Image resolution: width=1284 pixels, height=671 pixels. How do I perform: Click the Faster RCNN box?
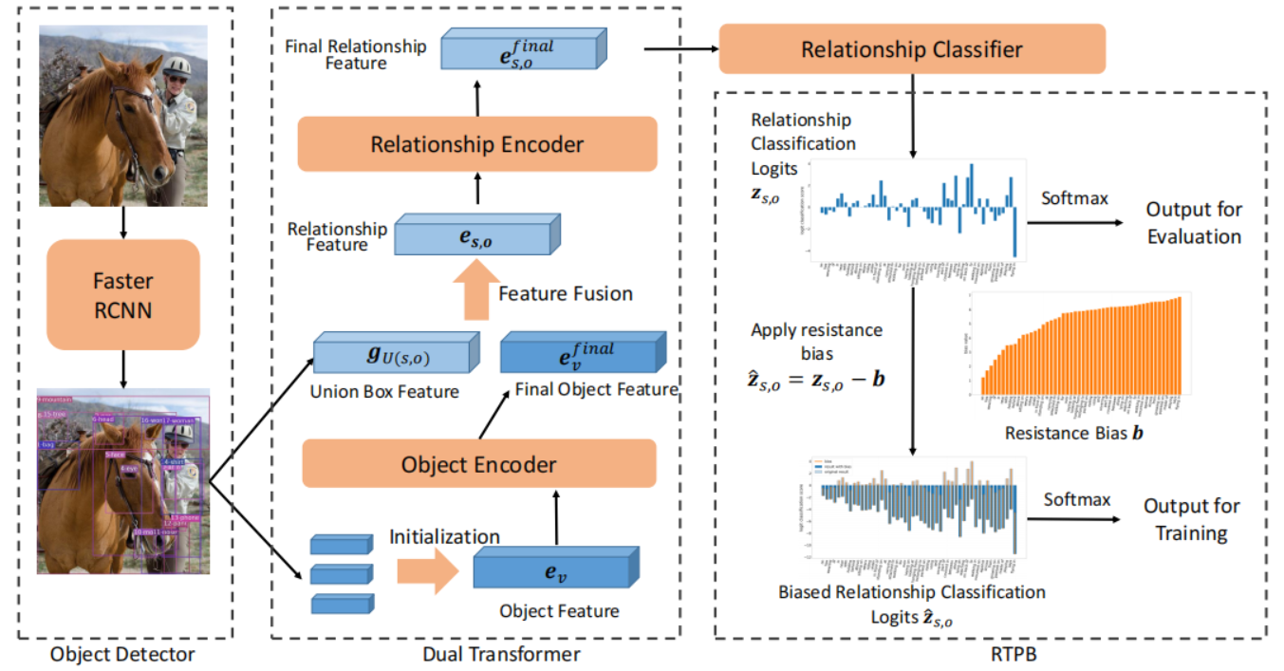pos(123,295)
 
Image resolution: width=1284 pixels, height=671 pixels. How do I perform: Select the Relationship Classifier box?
pos(911,48)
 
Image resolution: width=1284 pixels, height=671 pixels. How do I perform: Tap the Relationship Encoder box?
pos(476,144)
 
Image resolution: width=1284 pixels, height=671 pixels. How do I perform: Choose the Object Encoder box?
pos(478,464)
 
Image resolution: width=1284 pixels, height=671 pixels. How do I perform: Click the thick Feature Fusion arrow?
pos(476,292)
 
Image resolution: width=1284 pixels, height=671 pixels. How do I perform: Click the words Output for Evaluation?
pos(1193,222)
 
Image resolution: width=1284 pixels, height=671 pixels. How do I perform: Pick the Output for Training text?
pos(1191,519)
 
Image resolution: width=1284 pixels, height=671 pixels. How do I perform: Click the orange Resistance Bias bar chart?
pos(1079,347)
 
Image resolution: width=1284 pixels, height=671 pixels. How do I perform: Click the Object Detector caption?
pos(122,654)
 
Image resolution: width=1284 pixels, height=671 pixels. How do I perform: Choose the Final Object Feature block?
pos(581,353)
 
